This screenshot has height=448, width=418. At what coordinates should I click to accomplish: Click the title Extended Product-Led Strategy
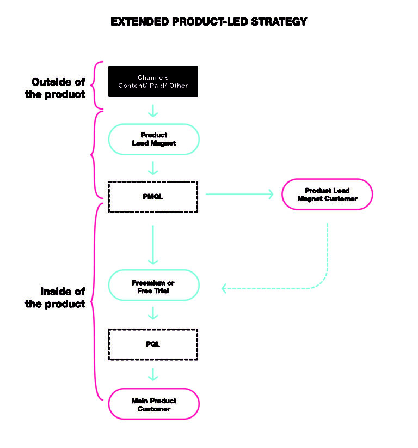point(208,22)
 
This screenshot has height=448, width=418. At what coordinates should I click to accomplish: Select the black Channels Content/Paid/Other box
point(153,82)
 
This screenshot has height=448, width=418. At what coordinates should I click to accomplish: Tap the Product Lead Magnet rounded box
point(153,139)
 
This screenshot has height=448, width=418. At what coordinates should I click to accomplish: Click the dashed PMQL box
point(153,197)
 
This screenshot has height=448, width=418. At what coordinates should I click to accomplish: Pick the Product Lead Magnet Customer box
point(327,195)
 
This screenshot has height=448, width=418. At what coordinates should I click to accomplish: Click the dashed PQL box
point(153,344)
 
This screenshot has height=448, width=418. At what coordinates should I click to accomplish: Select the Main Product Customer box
point(153,404)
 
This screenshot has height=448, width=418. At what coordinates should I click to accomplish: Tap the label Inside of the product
point(56,298)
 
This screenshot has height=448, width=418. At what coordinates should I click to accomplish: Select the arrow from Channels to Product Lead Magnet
point(153,110)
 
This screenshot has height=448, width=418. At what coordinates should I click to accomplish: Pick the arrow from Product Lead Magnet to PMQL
point(153,167)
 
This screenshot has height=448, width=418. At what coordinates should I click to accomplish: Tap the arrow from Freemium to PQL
point(153,313)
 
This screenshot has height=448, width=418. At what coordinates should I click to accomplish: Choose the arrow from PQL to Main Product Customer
point(153,374)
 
